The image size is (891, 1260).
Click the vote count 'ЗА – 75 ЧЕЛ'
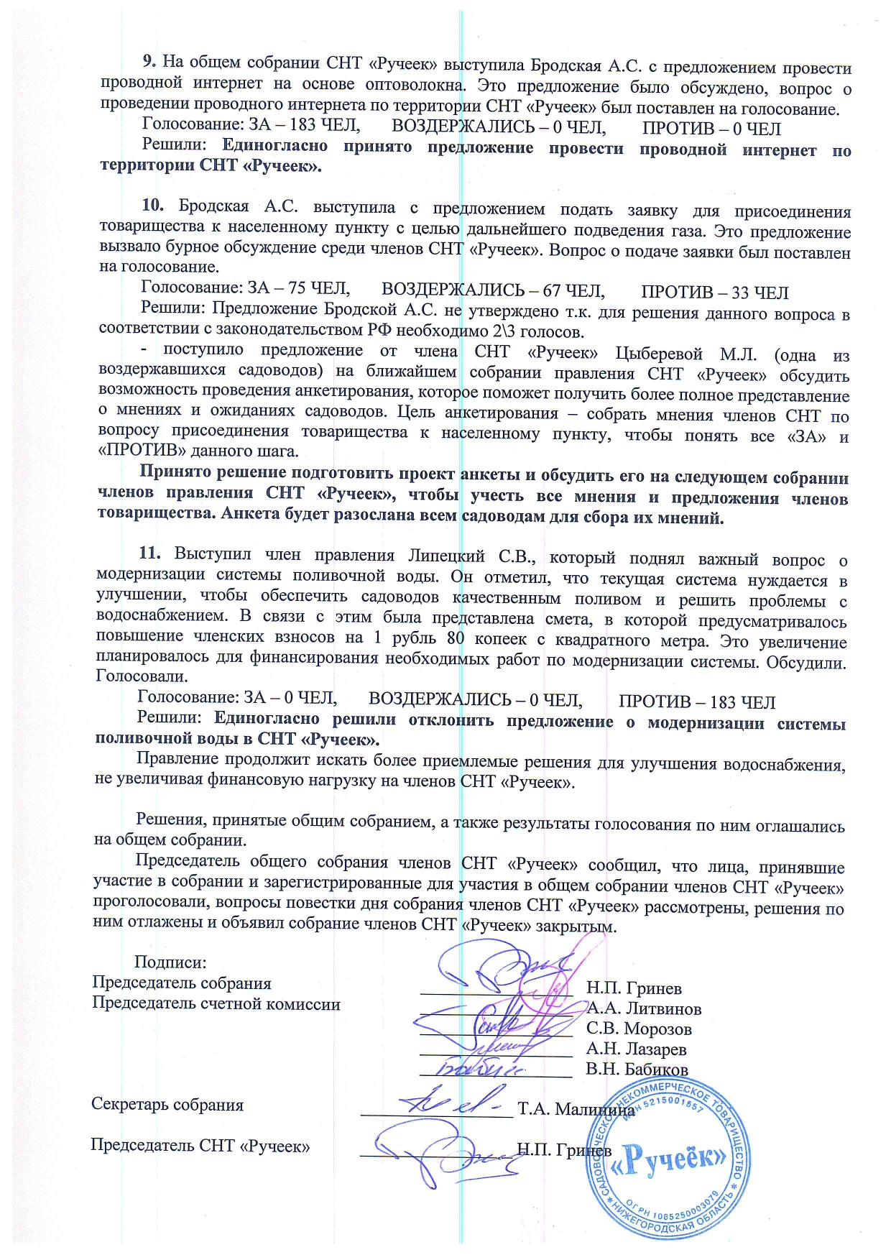[298, 288]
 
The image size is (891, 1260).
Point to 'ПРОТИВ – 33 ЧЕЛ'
[714, 293]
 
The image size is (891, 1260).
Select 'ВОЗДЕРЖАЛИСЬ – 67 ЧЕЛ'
[492, 290]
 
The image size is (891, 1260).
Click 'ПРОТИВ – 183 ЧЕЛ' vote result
[697, 702]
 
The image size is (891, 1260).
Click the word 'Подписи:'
[170, 962]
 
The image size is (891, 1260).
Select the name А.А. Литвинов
[644, 1008]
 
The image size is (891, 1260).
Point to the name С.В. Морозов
[639, 1029]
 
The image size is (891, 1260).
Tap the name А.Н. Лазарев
[636, 1049]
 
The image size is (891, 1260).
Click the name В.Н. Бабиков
[637, 1069]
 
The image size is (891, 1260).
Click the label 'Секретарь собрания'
[167, 1105]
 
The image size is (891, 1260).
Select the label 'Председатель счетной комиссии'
[216, 1004]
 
